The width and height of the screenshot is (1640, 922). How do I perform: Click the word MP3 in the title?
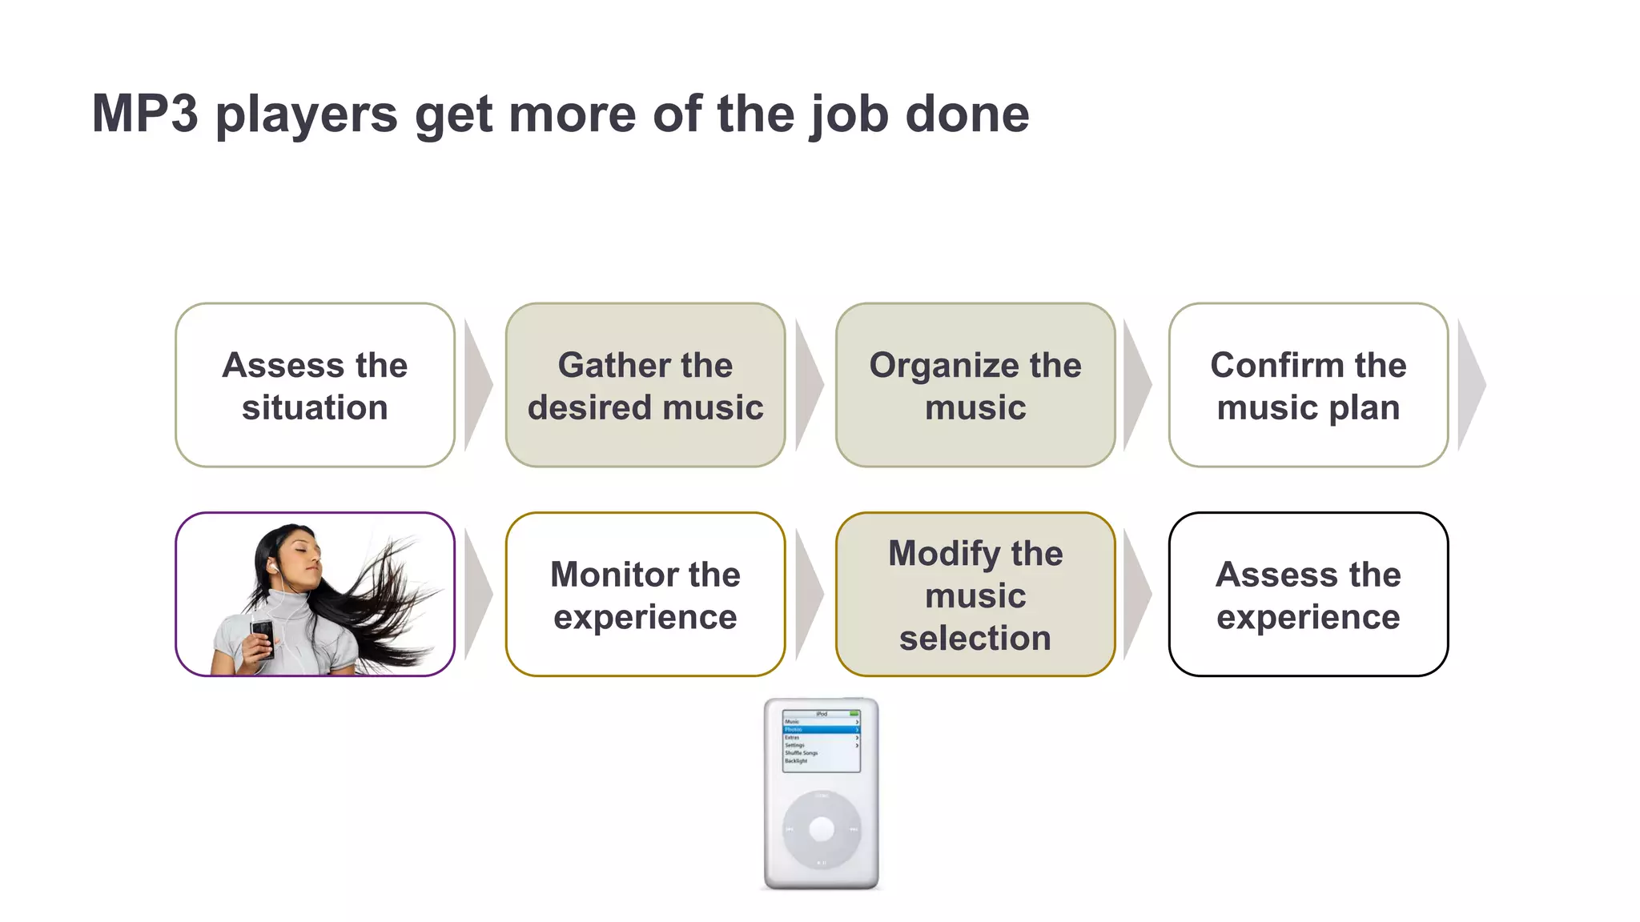click(144, 114)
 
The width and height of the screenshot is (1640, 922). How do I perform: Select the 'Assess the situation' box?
click(315, 385)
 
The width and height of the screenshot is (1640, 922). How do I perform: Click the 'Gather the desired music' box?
click(645, 385)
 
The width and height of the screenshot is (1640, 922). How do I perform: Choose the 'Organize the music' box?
click(975, 385)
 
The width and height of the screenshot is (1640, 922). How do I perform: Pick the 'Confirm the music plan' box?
click(1308, 385)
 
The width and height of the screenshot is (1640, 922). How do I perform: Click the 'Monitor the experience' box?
click(645, 595)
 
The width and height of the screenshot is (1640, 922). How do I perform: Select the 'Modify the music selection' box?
click(975, 595)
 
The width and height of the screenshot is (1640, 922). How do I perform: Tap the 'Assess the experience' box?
click(1308, 595)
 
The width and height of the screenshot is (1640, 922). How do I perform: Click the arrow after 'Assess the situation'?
click(476, 385)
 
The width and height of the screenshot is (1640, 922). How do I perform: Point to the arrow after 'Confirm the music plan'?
click(1470, 385)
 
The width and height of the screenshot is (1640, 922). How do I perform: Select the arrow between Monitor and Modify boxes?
click(807, 595)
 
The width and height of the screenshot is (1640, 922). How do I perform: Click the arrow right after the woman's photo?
click(476, 595)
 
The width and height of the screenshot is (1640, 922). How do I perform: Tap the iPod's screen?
click(821, 740)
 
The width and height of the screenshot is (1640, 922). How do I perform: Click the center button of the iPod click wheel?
click(821, 829)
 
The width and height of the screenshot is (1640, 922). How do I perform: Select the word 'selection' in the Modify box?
click(975, 639)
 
